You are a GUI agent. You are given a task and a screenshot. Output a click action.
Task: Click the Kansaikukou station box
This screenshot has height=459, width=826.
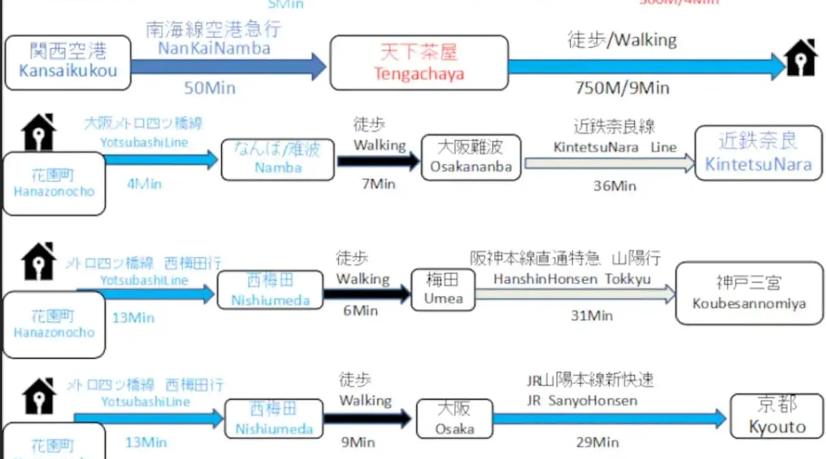68,62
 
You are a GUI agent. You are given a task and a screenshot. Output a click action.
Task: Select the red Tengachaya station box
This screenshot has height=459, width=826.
419,63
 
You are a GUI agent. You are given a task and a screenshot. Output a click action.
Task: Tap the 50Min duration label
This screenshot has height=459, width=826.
210,88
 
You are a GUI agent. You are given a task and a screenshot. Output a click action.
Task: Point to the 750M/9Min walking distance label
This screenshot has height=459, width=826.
622,88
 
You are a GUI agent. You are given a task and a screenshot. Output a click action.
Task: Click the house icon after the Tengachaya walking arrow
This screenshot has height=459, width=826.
801,58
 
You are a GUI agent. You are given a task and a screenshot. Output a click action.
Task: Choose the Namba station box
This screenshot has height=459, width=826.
278,159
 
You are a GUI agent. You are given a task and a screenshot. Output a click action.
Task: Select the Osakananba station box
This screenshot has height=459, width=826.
471,157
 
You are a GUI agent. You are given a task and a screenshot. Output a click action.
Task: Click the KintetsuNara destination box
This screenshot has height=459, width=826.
758,153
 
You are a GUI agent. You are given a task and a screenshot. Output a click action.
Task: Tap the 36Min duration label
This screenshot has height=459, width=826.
614,186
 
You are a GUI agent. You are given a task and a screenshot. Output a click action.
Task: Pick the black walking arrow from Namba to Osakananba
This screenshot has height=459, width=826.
378,161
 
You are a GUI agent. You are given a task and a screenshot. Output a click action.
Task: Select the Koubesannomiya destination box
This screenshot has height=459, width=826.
749,293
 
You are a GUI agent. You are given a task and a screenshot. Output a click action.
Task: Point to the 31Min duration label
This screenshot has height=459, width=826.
592,316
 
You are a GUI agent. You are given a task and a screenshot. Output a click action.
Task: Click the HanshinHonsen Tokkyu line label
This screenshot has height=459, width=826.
572,279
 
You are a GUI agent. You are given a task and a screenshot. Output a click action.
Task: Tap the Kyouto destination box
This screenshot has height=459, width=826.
776,416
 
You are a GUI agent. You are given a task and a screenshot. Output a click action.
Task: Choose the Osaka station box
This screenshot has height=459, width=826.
454,419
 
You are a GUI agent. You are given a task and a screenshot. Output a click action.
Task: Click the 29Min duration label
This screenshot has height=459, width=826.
597,442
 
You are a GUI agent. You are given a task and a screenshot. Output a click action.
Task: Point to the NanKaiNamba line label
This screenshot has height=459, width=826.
214,49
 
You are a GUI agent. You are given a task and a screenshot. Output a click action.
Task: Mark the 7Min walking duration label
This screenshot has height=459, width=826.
378,184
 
